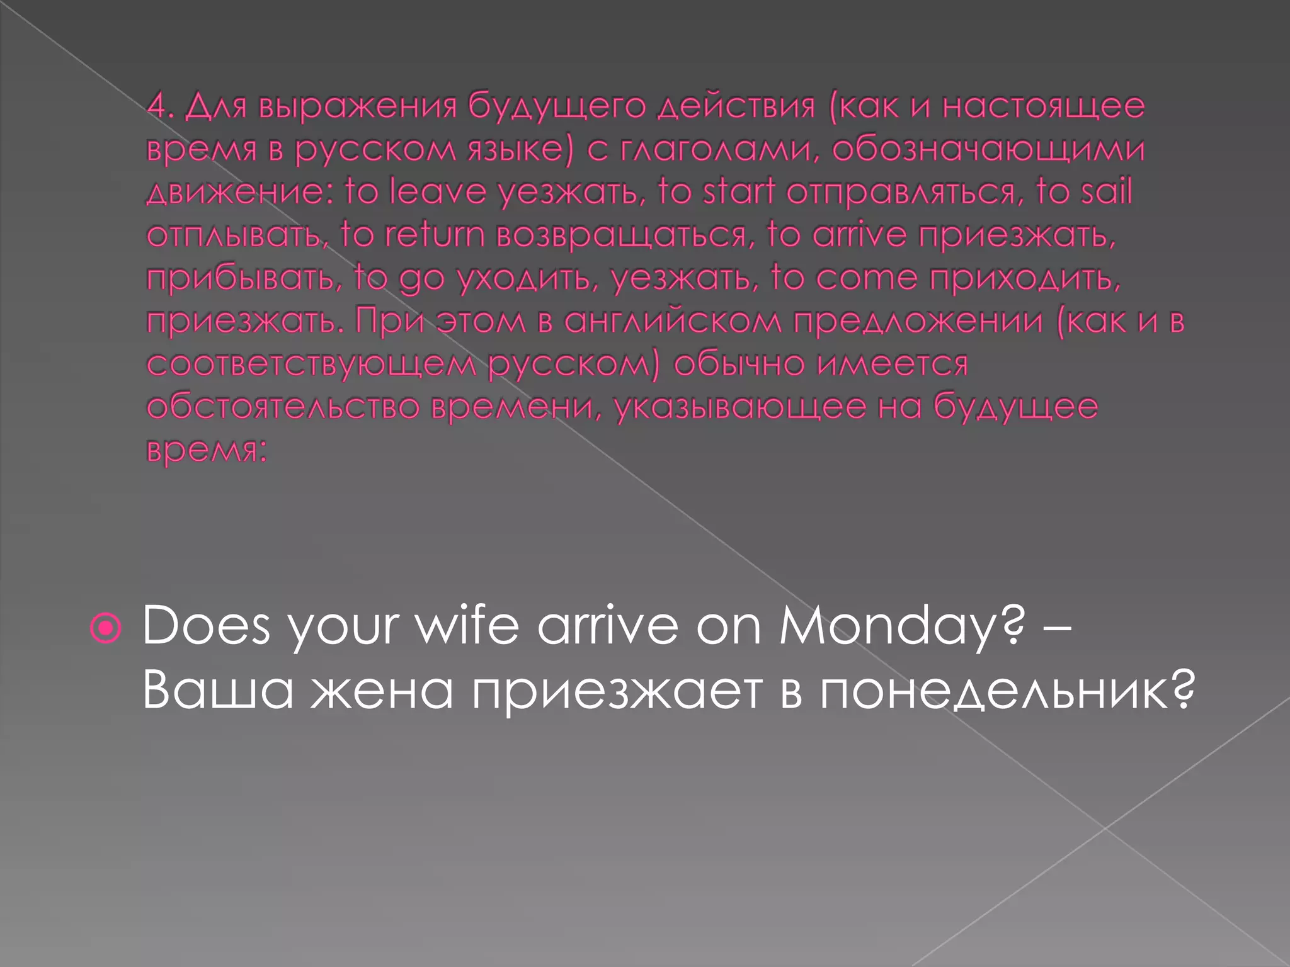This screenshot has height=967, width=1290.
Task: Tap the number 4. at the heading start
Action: click(x=160, y=106)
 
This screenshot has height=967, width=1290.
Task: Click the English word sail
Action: click(x=1106, y=191)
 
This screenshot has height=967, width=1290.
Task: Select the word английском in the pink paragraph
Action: click(x=671, y=321)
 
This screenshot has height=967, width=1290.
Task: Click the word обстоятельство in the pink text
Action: click(x=283, y=407)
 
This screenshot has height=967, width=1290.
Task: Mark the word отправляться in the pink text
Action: click(x=901, y=193)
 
